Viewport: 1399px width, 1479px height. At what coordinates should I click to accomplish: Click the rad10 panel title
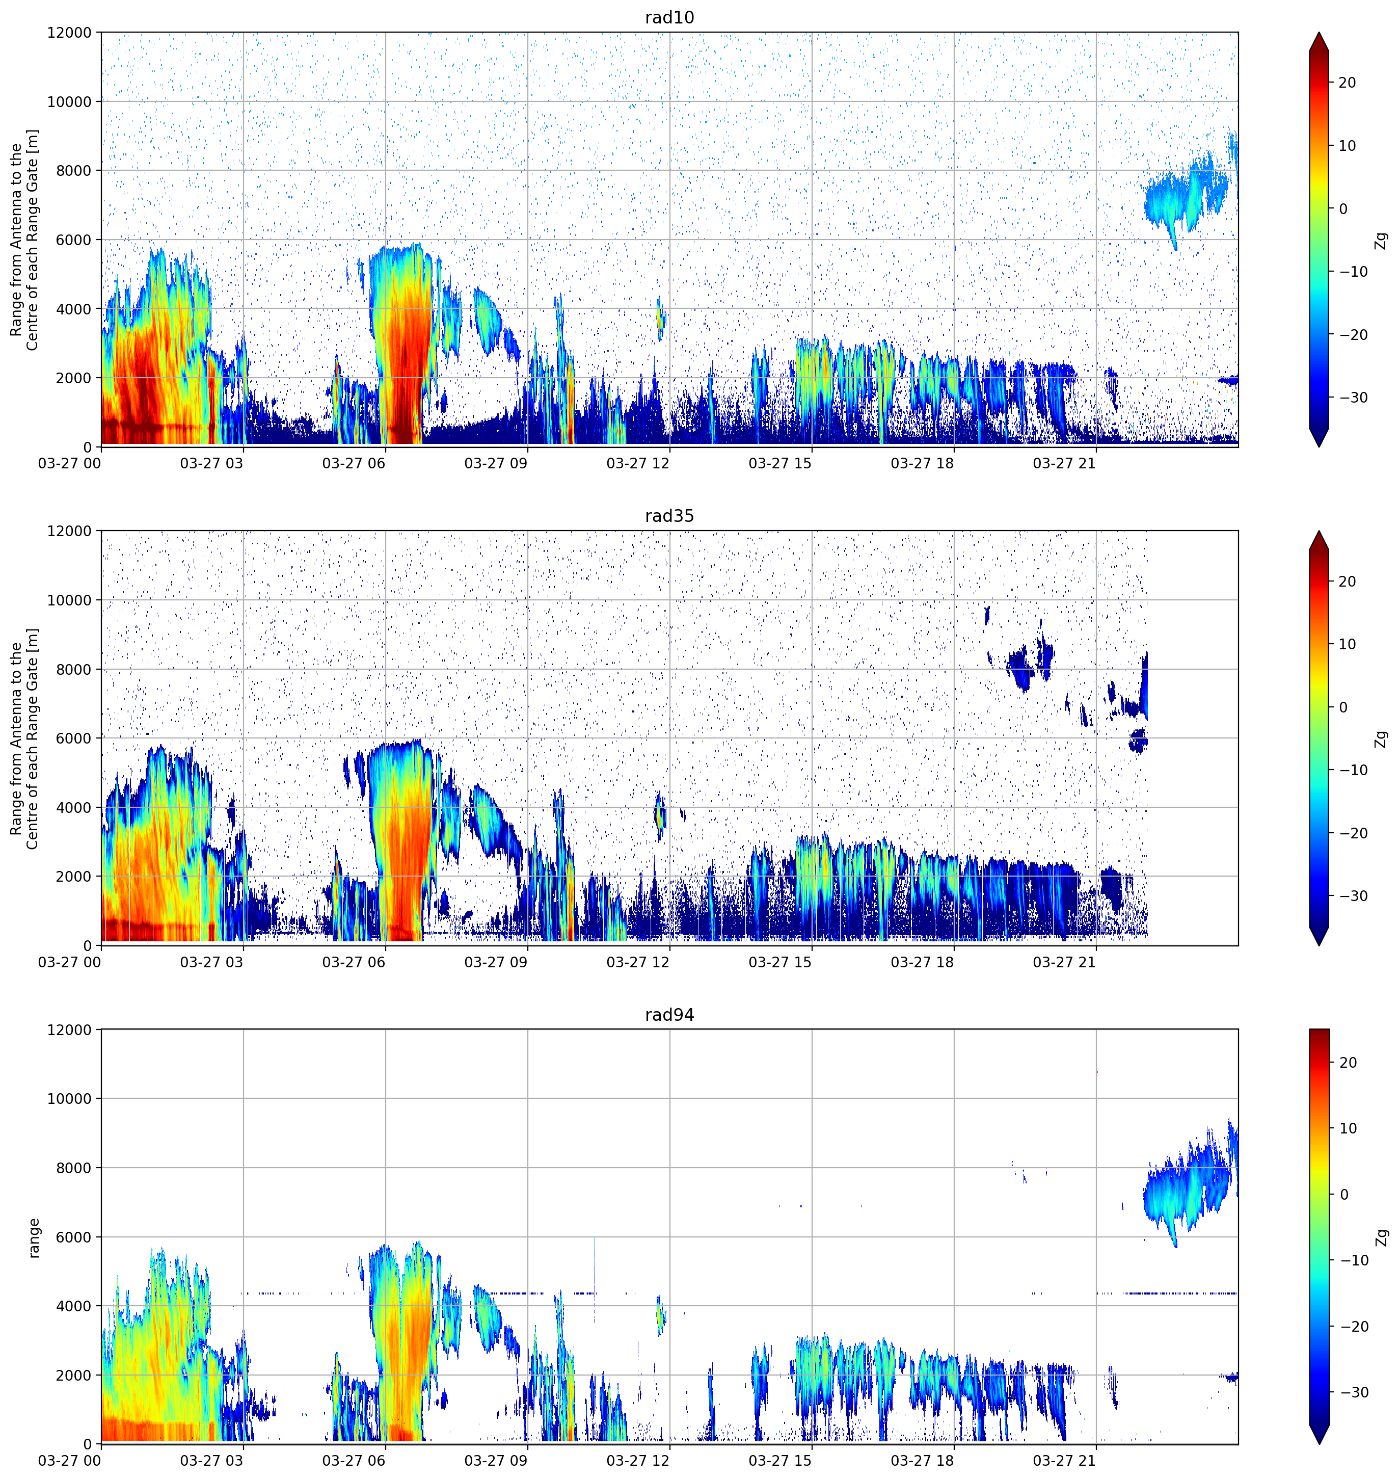pos(669,17)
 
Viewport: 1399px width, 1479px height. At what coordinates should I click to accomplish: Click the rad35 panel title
pos(669,516)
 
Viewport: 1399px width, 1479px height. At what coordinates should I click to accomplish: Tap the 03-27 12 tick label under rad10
pos(638,463)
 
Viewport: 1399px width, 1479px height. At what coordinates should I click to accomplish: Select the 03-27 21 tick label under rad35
pos(1064,962)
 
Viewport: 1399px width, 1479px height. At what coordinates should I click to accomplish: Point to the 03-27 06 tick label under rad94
pos(354,1460)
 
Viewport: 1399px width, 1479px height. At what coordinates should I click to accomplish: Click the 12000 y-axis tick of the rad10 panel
pos(69,33)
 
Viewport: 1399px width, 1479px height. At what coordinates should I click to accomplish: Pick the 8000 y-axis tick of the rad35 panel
pos(74,670)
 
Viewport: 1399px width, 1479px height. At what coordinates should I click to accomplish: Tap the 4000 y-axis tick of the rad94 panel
pos(74,1306)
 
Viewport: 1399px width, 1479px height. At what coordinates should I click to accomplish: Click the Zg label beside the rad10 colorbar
pos(1381,240)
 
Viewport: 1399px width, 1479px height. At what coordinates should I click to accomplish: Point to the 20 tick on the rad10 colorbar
pos(1347,83)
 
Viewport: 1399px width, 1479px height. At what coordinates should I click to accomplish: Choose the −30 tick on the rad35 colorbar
pos(1353,896)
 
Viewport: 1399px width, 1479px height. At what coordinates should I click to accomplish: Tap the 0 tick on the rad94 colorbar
pos(1344,1194)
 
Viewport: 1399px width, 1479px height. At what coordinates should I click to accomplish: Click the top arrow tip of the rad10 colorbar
pos(1319,33)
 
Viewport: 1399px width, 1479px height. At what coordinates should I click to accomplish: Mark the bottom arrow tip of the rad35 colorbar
pos(1319,945)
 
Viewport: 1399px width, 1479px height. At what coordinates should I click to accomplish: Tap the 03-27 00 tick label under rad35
pos(69,962)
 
